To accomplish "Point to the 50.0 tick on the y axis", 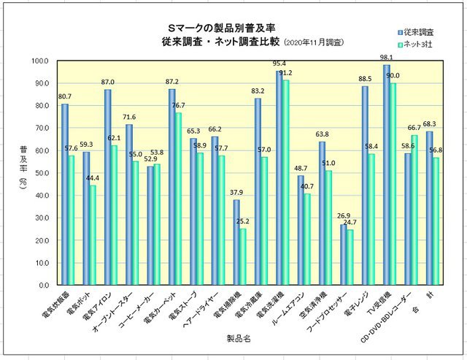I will coord(43,173).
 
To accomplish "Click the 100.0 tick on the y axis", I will coord(43,61).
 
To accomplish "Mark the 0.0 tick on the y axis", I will coord(45,286).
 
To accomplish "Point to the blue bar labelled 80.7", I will coord(65,194).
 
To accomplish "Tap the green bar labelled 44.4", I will coord(93,235).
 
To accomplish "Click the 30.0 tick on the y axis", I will coord(43,218).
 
